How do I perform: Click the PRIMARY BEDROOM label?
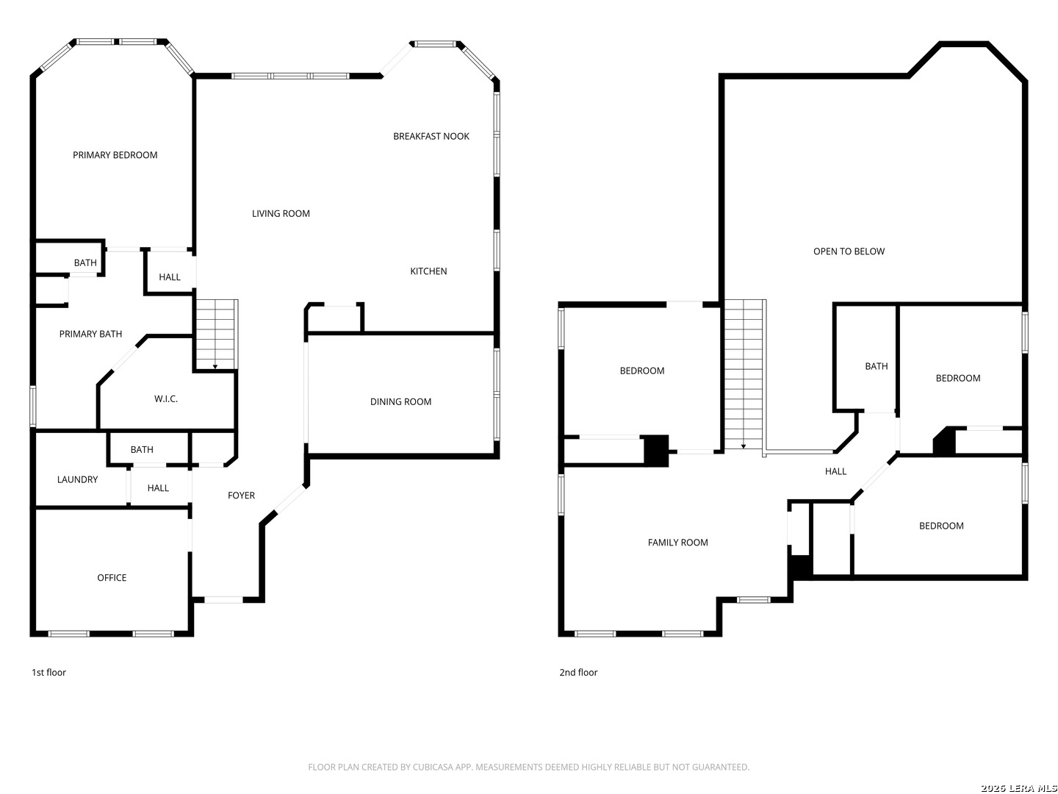(x=115, y=155)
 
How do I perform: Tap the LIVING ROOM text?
(x=281, y=214)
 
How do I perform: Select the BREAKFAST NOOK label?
(x=431, y=136)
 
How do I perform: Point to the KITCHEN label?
(x=428, y=271)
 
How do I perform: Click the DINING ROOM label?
(x=400, y=402)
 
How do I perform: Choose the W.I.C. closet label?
(x=166, y=399)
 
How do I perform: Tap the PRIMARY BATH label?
(x=90, y=335)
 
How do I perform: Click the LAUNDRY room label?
(x=77, y=480)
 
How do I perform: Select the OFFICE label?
(x=112, y=578)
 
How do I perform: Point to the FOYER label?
(x=241, y=496)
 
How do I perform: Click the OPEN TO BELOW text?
(x=849, y=251)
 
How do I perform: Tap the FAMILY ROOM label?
(x=677, y=543)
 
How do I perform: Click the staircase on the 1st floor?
(x=216, y=334)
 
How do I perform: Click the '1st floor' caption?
(x=48, y=673)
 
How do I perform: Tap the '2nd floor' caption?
(x=578, y=673)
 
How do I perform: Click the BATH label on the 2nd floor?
(x=876, y=366)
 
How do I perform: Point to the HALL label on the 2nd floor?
(x=835, y=472)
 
